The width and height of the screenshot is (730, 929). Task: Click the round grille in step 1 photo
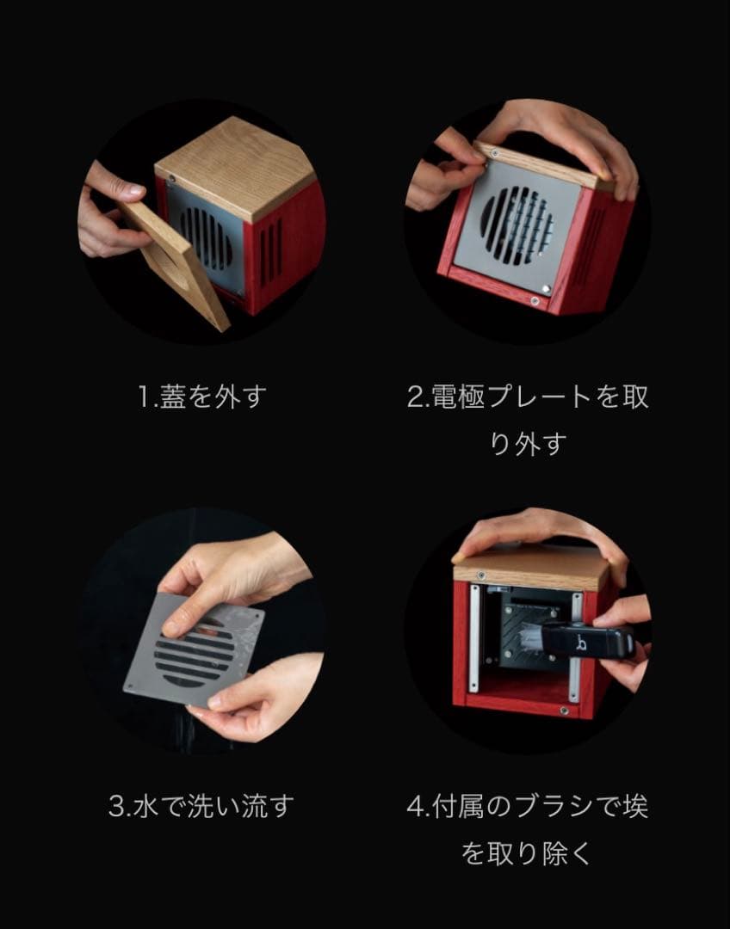[x=207, y=237]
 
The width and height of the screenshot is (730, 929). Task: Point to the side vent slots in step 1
[x=270, y=249]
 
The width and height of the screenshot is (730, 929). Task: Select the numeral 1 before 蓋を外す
[x=144, y=398]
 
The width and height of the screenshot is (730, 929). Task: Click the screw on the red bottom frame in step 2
[x=535, y=300]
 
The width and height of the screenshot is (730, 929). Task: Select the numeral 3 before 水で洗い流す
[x=118, y=807]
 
